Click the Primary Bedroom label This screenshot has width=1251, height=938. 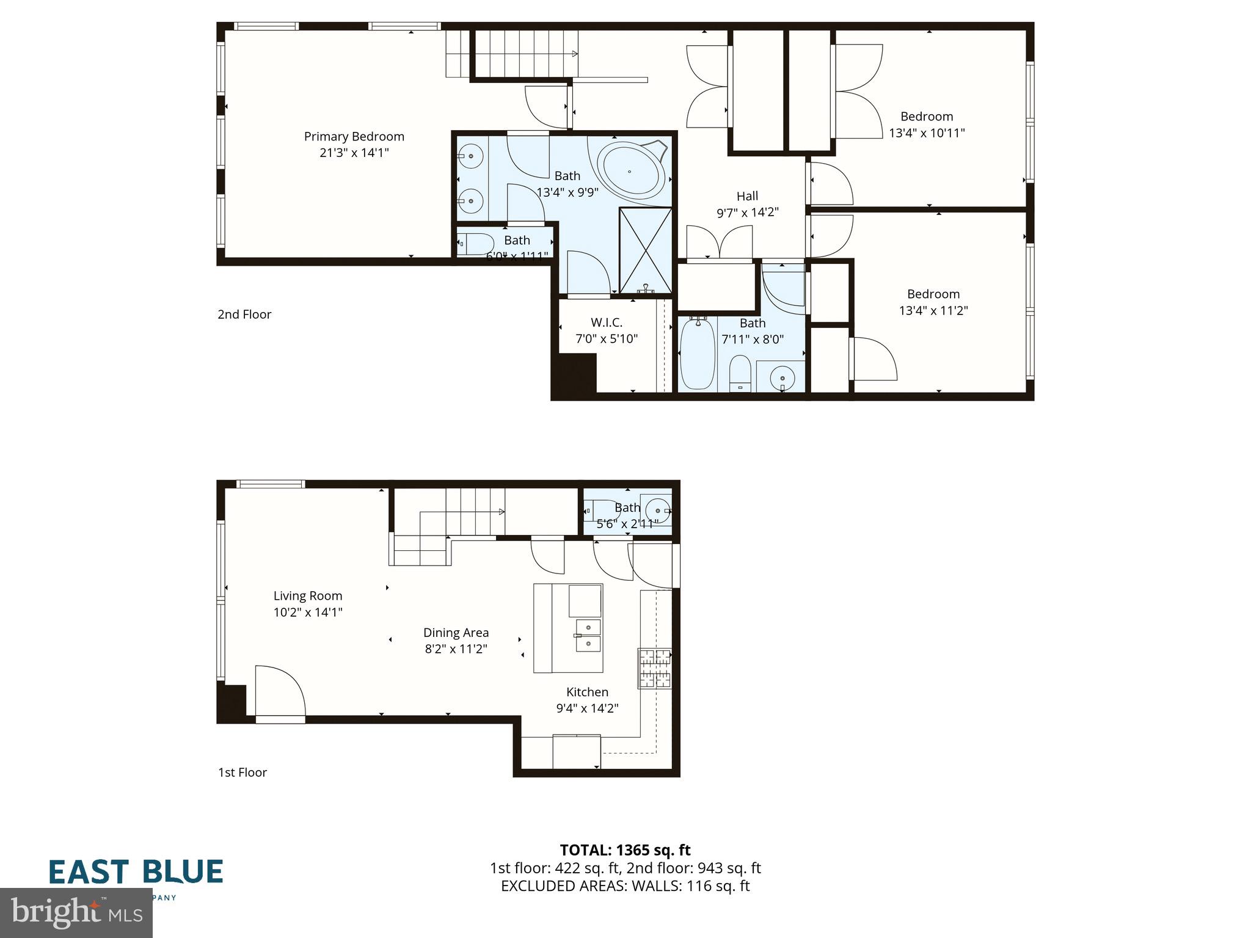[354, 137]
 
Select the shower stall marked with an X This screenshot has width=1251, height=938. [645, 250]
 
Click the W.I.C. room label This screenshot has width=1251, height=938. [607, 322]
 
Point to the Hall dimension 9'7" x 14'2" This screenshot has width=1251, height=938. [747, 213]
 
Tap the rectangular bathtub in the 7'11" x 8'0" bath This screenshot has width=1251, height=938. [697, 354]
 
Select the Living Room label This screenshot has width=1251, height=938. [307, 596]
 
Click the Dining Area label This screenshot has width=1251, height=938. [456, 633]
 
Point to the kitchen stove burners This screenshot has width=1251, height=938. [655, 668]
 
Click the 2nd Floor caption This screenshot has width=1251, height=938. [244, 314]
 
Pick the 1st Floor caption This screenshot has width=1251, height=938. [243, 773]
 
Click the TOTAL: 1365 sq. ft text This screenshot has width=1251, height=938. [625, 850]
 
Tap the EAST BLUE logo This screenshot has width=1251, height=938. [136, 873]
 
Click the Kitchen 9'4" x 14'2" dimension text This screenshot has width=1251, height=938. [587, 708]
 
